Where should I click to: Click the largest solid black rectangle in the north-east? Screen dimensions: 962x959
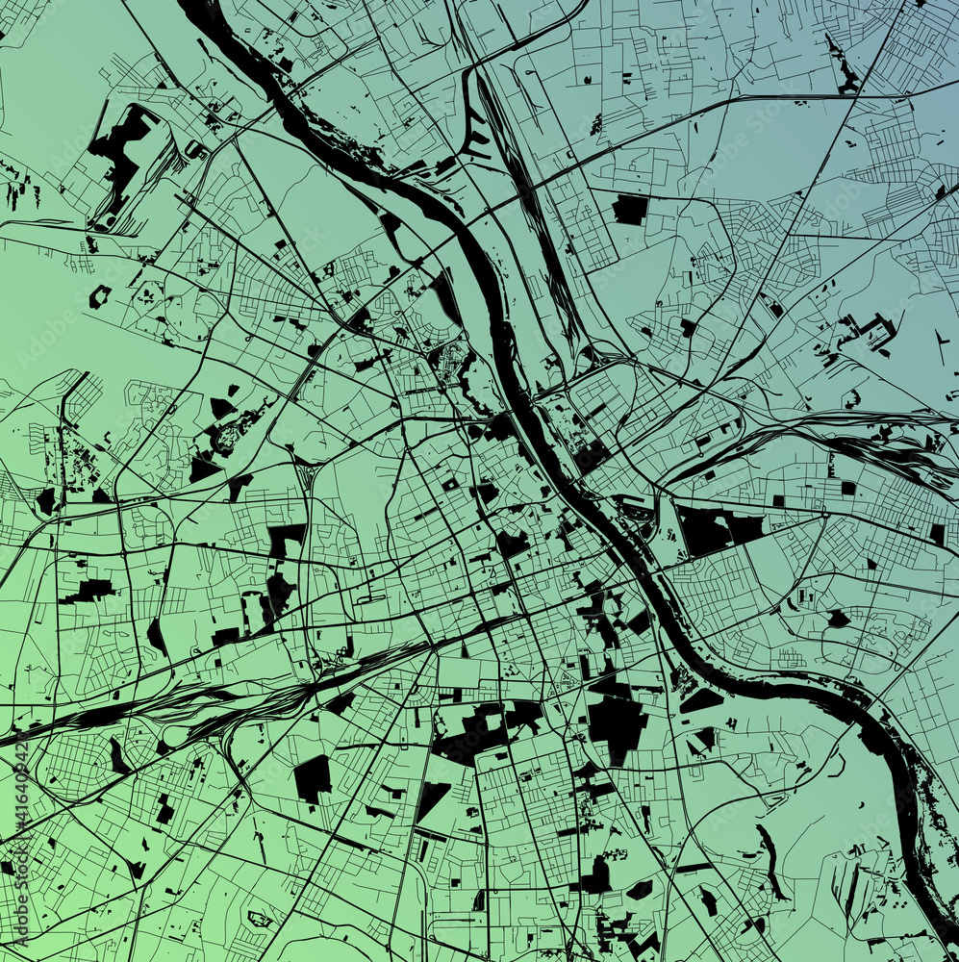[629, 208]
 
